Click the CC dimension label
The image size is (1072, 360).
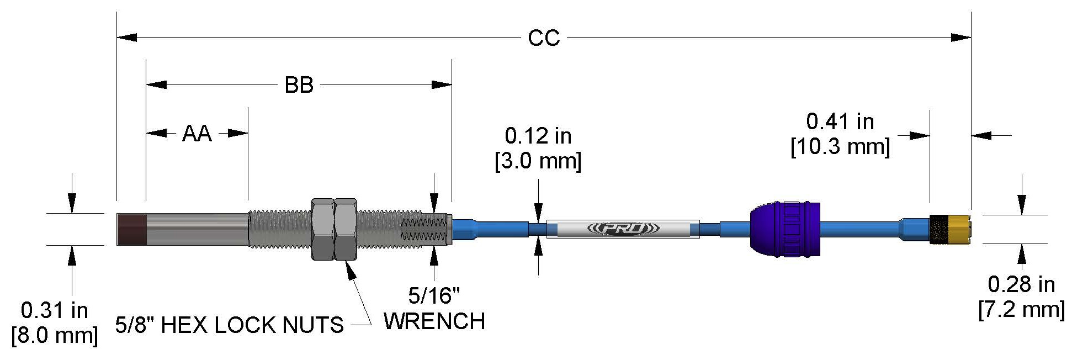pos(544,38)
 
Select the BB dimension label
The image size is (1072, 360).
pos(299,85)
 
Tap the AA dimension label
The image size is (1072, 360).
pos(197,134)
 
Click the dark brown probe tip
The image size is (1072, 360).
pos(131,229)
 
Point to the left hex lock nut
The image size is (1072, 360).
pos(323,229)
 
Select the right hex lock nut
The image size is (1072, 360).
pos(346,229)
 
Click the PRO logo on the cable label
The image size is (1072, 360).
pos(623,229)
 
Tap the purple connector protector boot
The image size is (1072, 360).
pos(784,229)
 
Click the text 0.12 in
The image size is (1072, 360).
pos(538,136)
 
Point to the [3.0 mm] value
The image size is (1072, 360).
pos(538,161)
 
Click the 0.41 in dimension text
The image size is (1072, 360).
pos(840,121)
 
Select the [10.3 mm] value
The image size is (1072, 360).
pos(840,147)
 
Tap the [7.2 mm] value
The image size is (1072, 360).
pos(1021,309)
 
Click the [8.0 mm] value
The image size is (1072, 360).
pos(55,335)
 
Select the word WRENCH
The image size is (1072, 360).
pos(434,321)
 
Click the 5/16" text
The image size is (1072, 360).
pos(434,296)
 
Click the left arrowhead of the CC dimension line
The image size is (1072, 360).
pos(126,38)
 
